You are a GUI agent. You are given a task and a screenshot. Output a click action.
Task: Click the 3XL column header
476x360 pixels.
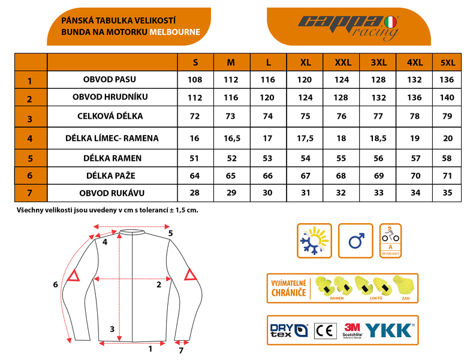tap(378, 62)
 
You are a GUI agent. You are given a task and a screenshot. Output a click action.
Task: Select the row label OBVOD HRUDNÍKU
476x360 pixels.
tap(110, 97)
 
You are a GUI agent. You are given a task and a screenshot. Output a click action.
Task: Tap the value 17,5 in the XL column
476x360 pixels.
tap(305, 138)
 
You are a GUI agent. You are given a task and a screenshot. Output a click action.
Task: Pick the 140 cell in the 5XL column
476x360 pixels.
tap(447, 97)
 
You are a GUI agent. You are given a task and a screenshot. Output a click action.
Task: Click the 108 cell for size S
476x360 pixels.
tap(195, 80)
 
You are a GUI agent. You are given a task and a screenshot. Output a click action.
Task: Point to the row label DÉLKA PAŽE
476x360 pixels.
tap(112, 176)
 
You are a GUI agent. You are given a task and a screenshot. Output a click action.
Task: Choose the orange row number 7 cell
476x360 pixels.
tap(29, 194)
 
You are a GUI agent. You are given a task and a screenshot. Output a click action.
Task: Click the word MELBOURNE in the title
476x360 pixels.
tap(175, 32)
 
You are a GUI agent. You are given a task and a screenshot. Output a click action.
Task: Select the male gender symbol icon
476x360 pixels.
tap(356, 241)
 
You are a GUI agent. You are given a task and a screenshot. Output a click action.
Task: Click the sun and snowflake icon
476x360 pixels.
tap(314, 241)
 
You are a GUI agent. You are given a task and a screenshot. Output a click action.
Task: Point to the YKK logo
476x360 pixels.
tap(389, 329)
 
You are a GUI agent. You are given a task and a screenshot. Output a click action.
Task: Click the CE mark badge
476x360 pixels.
tap(326, 330)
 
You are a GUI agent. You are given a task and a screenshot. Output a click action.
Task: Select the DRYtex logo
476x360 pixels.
tap(288, 330)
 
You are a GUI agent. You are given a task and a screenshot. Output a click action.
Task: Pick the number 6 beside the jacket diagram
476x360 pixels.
tap(55, 284)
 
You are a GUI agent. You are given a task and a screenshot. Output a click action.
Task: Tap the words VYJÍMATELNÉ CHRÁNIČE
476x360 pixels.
tap(288, 288)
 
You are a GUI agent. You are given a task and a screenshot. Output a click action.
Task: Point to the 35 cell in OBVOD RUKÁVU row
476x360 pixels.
tap(447, 193)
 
